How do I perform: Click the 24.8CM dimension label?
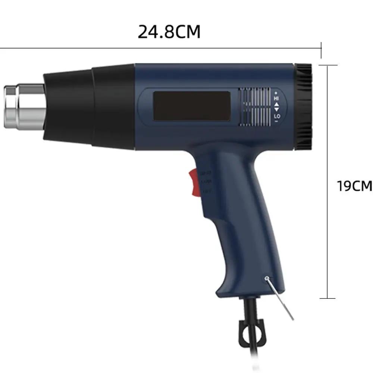[169, 32]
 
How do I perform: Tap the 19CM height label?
[354, 185]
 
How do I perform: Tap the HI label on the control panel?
[276, 98]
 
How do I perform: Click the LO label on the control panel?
[277, 117]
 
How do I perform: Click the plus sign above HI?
[276, 92]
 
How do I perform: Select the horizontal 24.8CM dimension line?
[160, 48]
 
